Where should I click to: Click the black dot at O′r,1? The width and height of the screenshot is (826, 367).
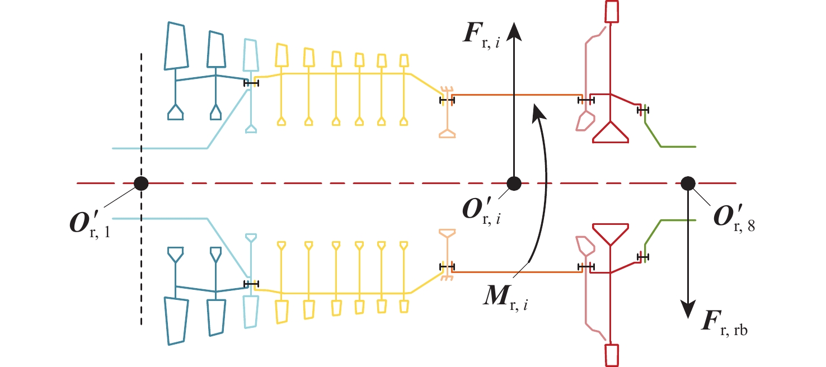coord(140,183)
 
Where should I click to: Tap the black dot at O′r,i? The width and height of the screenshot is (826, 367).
coord(514,183)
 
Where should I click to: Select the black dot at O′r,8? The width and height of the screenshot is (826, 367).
coord(687,183)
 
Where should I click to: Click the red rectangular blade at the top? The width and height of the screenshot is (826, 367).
coord(612,11)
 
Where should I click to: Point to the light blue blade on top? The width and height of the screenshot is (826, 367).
coord(250,56)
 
